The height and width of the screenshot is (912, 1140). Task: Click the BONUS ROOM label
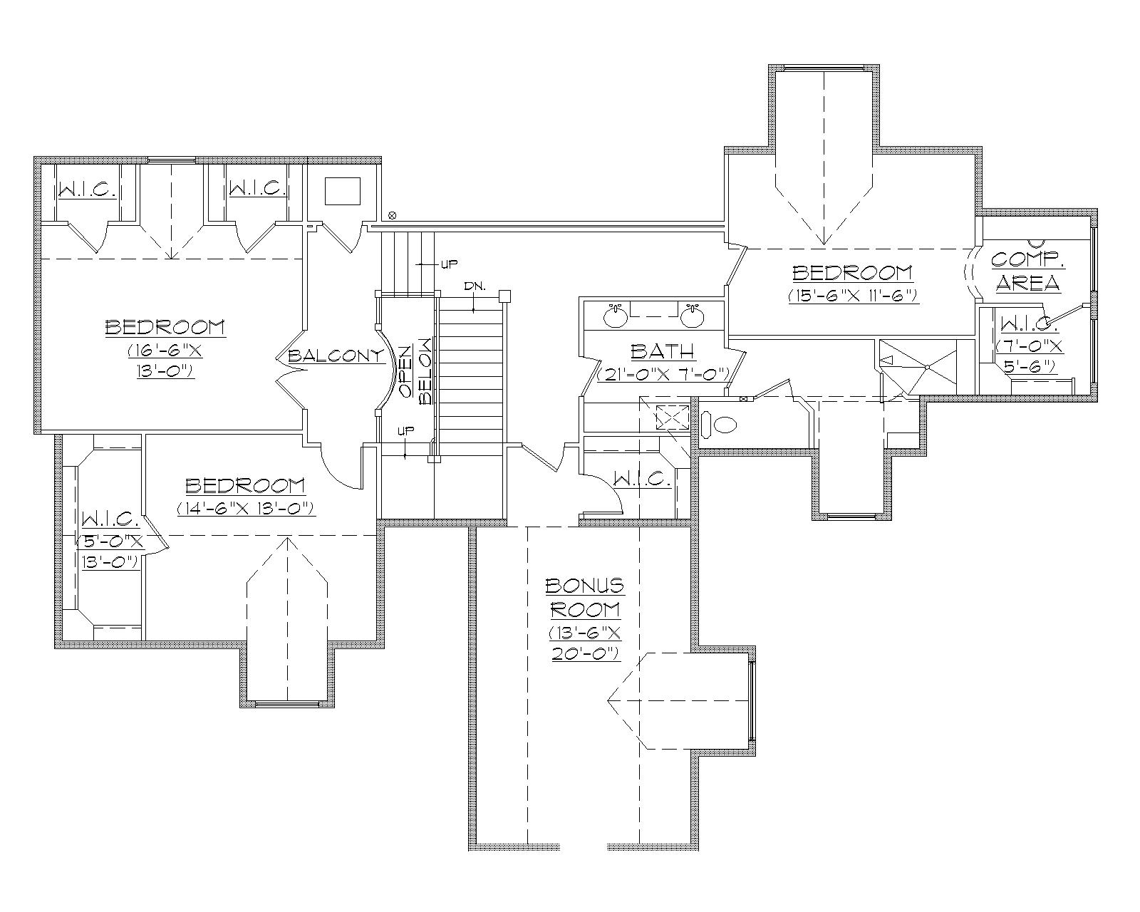(x=584, y=598)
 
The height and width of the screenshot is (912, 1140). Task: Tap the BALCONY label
(x=336, y=356)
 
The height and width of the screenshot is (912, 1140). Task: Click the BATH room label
(x=662, y=351)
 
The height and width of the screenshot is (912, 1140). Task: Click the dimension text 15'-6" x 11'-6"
(x=852, y=295)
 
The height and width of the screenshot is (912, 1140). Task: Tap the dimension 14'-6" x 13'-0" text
(x=246, y=509)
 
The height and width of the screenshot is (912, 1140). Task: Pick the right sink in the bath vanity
(x=690, y=316)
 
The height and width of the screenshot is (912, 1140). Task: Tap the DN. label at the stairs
(x=474, y=286)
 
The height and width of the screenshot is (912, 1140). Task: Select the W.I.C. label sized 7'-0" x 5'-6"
(x=1026, y=325)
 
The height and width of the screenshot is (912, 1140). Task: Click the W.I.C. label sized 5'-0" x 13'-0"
(x=110, y=518)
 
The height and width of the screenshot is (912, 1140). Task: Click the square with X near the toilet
(x=672, y=416)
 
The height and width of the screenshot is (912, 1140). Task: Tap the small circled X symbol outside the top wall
(x=391, y=215)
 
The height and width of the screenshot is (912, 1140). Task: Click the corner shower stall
(x=926, y=366)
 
